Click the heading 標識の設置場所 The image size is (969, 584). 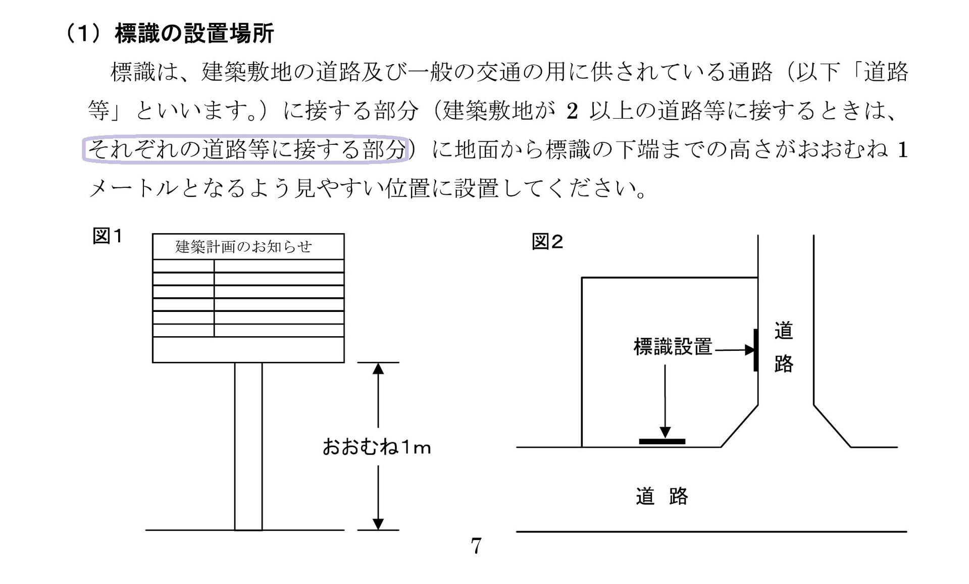(x=194, y=34)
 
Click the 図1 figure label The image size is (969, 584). (x=107, y=236)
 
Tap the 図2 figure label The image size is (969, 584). (x=547, y=242)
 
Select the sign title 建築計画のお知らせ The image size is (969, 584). (x=243, y=247)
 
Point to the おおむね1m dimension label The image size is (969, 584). (x=377, y=447)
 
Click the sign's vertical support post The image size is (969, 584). (x=248, y=446)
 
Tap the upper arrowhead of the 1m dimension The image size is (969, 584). (x=378, y=368)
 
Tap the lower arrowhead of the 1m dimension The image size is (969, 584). (x=378, y=524)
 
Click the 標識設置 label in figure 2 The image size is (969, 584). (x=673, y=347)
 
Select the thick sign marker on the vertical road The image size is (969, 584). (x=756, y=350)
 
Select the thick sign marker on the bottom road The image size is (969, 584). (x=662, y=442)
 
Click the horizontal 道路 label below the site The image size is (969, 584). (x=662, y=496)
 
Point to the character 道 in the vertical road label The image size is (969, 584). (x=784, y=331)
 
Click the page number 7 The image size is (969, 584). (x=476, y=546)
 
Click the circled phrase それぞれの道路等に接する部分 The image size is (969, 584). (x=246, y=149)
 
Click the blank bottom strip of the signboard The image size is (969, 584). (x=248, y=350)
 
